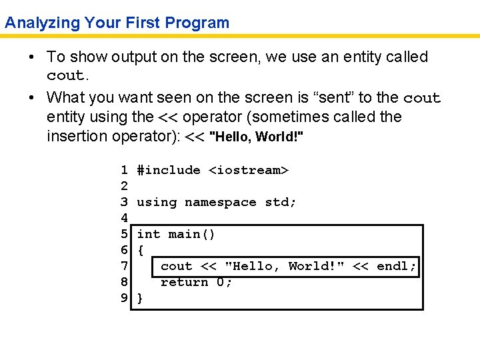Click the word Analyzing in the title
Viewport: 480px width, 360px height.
pos(43,23)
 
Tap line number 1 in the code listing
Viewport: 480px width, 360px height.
pos(124,170)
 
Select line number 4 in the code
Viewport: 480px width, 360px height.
pos(124,218)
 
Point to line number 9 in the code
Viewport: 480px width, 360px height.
pos(124,298)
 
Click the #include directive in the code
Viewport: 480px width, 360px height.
pos(169,170)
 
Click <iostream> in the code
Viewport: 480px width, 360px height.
pos(249,170)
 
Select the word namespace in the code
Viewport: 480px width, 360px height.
pos(220,202)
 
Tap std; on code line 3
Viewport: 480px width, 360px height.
pos(281,202)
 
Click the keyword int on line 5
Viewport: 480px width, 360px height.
pos(149,234)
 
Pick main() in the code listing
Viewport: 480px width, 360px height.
pos(192,234)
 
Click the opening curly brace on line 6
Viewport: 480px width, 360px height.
pos(140,250)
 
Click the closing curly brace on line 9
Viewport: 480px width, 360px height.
pos(140,298)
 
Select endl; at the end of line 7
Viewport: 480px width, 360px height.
pos(397,266)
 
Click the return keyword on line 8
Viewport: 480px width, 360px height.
pos(184,282)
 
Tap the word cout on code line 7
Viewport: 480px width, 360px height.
pos(176,266)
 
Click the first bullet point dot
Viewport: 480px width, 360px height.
pos(32,58)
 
